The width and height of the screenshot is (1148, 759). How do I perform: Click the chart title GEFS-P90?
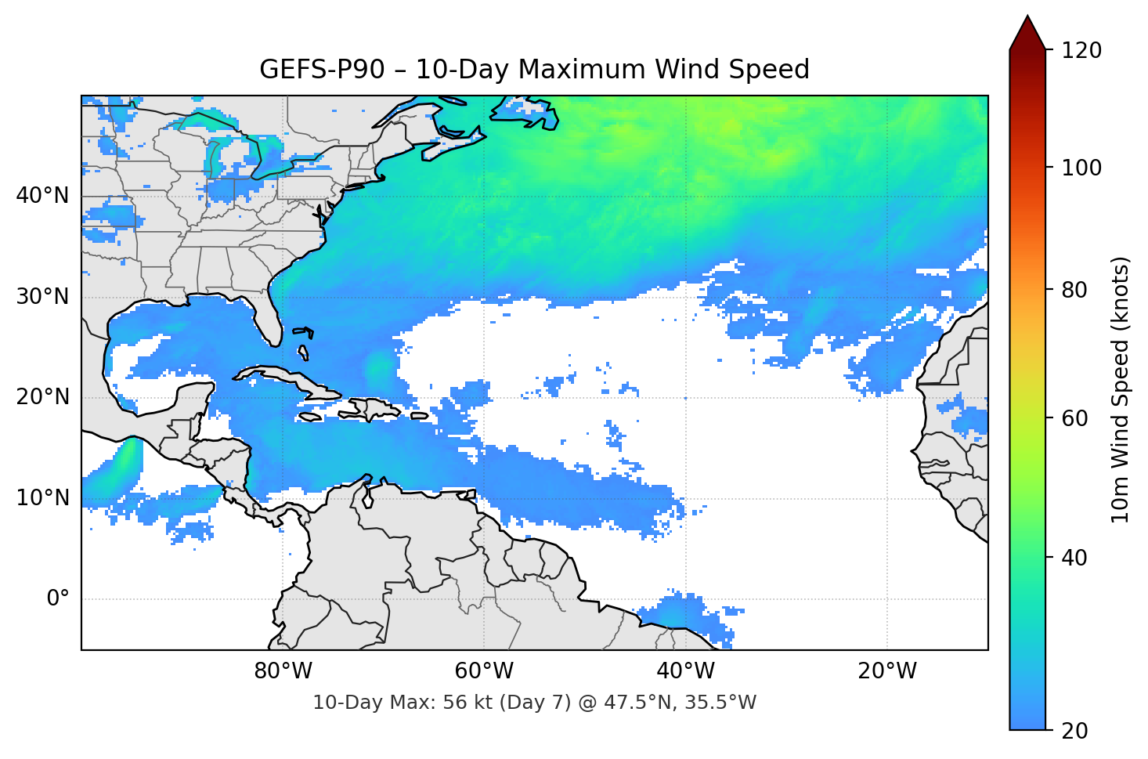pos(534,70)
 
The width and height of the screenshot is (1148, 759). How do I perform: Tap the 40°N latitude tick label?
pos(42,196)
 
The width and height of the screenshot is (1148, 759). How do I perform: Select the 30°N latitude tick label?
pos(42,297)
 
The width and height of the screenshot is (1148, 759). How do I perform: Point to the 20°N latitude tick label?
pos(42,397)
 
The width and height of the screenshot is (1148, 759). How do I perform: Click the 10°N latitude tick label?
pos(42,498)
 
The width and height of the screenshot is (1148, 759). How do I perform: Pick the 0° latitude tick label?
pos(57,599)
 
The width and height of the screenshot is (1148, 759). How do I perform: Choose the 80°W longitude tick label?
pos(283,671)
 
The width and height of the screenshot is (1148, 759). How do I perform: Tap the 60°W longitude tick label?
pos(484,671)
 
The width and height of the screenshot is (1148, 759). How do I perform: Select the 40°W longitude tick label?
pos(685,671)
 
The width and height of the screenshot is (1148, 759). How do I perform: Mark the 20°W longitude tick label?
pos(887,671)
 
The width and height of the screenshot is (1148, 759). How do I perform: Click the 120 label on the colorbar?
pos(1081,51)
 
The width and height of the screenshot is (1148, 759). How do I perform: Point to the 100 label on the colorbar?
pos(1081,168)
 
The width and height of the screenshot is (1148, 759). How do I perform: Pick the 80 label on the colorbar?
pos(1074,290)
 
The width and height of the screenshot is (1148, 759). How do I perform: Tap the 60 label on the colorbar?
pos(1074,418)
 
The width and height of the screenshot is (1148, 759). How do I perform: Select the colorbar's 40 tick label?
pos(1074,558)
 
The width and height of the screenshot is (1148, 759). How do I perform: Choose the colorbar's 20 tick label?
pos(1074,731)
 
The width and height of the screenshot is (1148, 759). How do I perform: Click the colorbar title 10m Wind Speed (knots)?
pos(1121,389)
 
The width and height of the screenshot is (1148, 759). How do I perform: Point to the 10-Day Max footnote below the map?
pos(534,703)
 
